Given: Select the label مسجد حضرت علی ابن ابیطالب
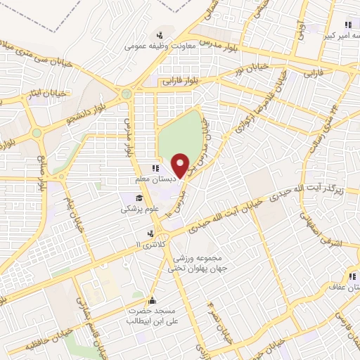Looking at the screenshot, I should point(149,316).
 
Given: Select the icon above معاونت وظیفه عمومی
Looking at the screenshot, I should point(161,35).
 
